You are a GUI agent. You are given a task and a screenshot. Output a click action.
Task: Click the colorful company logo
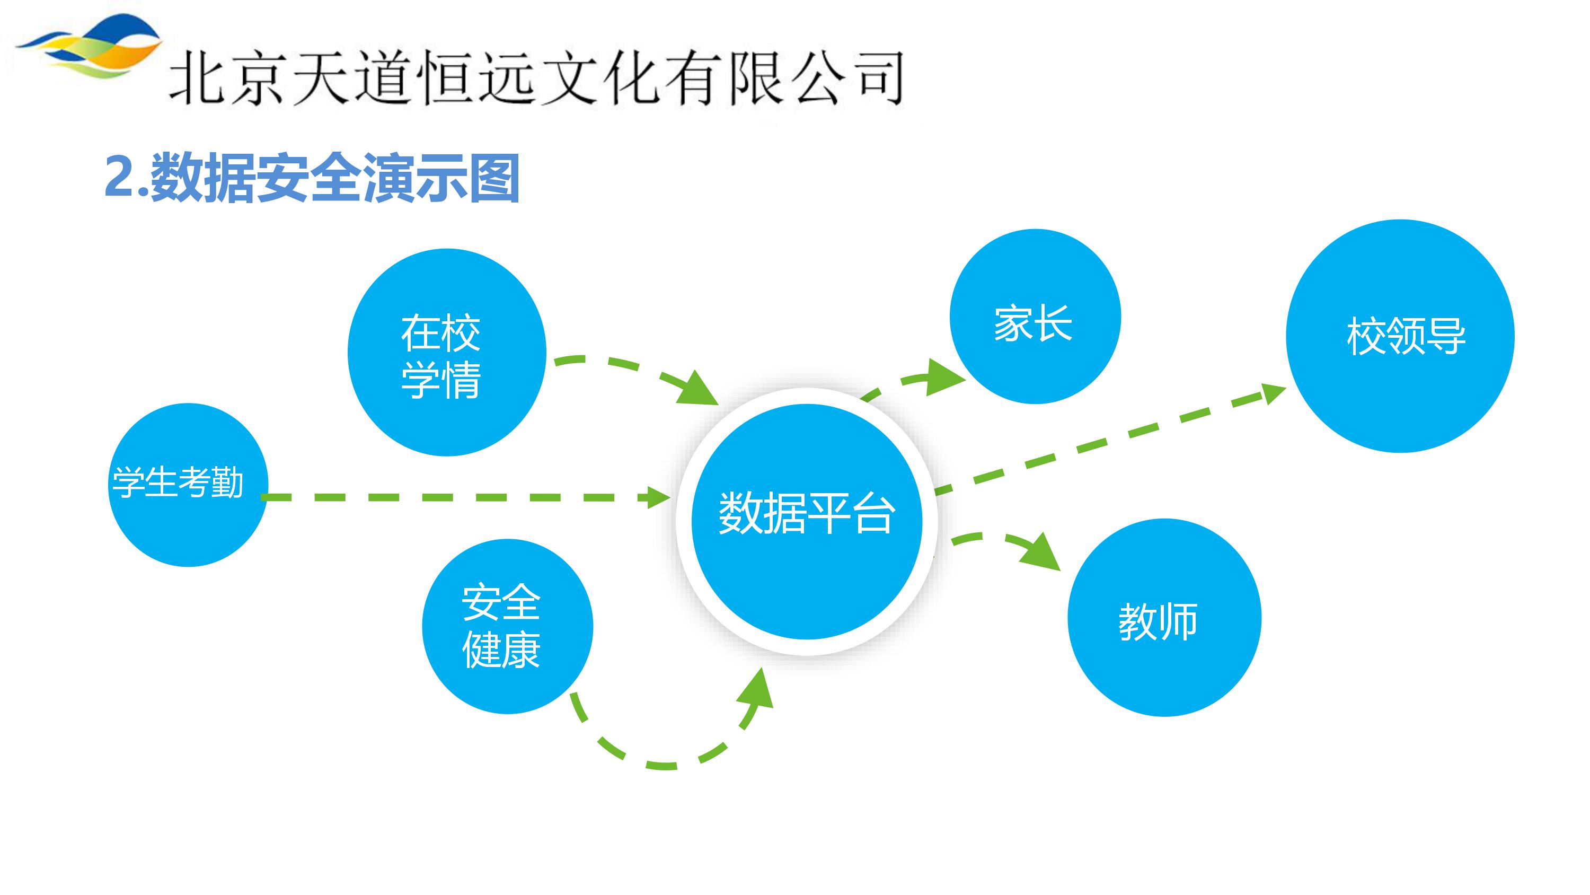click(90, 46)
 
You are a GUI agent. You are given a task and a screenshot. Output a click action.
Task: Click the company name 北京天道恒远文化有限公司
click(536, 79)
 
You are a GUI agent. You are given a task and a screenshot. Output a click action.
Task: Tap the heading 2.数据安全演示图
click(312, 178)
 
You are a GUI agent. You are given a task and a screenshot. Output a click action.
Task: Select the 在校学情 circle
click(446, 353)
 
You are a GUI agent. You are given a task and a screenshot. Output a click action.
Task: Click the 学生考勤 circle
click(188, 485)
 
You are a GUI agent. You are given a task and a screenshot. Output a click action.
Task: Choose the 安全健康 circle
click(507, 626)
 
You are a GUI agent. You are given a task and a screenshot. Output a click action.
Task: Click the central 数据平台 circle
click(806, 521)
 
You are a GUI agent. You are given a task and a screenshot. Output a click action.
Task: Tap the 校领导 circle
click(1400, 336)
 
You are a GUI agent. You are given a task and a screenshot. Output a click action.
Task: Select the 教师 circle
click(1164, 618)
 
